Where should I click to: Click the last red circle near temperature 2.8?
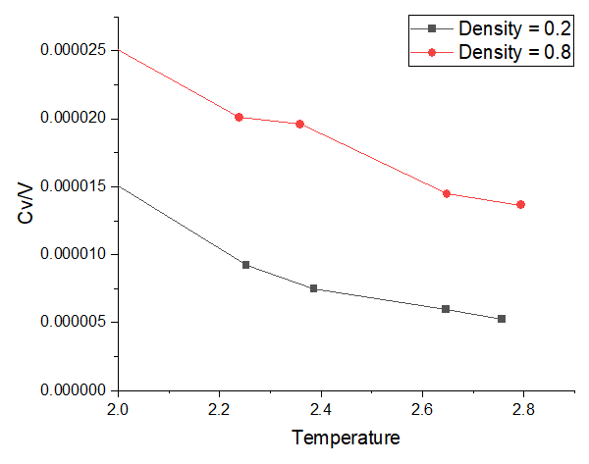pos(520,204)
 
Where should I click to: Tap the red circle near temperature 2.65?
pos(447,193)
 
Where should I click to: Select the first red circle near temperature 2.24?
pos(239,117)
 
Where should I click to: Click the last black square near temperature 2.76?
pos(502,319)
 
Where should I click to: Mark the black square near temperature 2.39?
pos(313,288)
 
